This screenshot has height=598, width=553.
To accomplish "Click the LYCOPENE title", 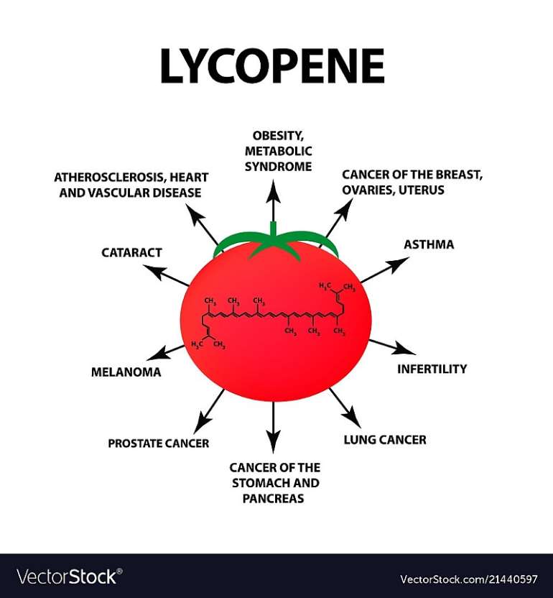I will tap(271, 67).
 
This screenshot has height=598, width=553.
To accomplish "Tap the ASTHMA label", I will tap(429, 244).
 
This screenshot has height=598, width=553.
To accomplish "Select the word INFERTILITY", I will tap(432, 369).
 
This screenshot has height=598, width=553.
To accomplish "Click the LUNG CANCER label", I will tap(384, 439).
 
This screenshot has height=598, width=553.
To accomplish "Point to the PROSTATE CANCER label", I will tap(158, 443).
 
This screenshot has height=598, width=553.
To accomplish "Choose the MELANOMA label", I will tap(126, 372).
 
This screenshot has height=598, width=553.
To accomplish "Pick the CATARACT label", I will tap(131, 253).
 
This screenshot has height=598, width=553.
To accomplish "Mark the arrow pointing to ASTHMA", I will tap(381, 270).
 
